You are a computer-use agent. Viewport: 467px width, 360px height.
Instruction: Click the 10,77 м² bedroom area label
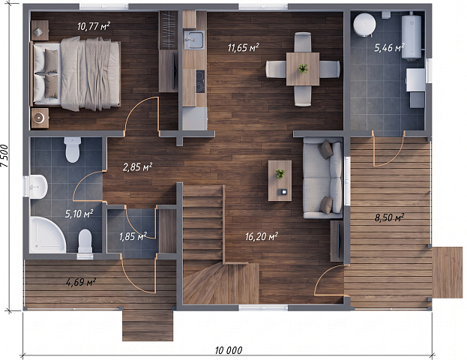point(94,26)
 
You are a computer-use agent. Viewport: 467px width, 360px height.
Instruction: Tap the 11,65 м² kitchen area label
point(243,47)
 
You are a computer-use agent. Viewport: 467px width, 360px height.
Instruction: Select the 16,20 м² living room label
point(262,236)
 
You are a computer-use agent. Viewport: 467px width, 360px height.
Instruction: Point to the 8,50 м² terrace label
point(389,217)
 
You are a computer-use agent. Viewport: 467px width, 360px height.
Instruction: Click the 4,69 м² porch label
point(81,281)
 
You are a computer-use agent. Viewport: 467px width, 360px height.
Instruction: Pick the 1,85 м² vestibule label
point(133,236)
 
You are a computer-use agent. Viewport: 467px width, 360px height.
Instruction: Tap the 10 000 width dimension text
point(229,350)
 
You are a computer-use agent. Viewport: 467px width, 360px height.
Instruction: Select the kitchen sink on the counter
point(194,40)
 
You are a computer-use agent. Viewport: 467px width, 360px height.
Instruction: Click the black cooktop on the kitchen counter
point(200,81)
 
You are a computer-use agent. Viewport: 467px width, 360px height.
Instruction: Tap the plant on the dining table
point(303,68)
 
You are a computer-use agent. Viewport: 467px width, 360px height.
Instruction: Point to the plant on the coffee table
point(280,173)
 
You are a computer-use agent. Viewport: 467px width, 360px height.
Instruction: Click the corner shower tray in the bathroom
point(47,235)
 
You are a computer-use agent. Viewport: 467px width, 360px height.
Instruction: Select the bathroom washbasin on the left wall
point(36,187)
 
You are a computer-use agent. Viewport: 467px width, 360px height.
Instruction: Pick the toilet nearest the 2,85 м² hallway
point(73,149)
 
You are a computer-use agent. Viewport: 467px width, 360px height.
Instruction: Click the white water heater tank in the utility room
point(412,36)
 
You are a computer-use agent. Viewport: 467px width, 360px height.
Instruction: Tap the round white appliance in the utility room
point(364,25)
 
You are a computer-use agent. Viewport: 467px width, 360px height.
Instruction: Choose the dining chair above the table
point(303,42)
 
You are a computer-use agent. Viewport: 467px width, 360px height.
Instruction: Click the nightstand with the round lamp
point(40,118)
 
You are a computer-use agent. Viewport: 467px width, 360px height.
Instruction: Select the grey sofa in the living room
point(323,178)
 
